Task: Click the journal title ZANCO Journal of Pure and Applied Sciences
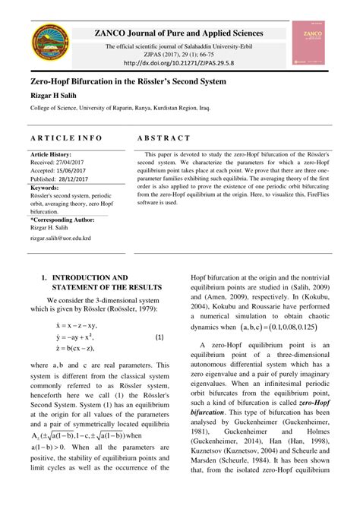(178, 33)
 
